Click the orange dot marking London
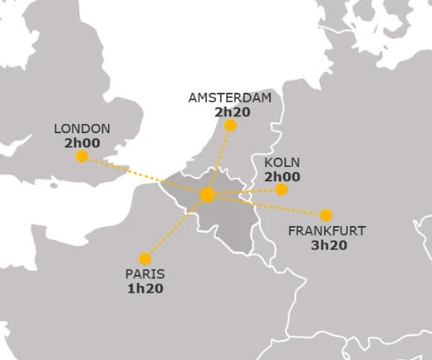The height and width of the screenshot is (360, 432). point(82,157)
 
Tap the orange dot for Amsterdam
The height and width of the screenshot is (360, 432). point(230,126)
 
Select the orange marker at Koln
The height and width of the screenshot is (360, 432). point(282,190)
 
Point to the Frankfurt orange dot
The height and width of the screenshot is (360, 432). point(327,216)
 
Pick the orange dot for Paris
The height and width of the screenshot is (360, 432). point(145,260)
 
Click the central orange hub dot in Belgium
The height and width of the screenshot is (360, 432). point(208,196)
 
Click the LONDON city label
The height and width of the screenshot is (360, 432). point(82,129)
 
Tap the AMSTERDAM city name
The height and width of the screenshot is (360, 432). point(230,98)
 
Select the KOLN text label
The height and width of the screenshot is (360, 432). point(282,163)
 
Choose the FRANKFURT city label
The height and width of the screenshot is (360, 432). point(327,231)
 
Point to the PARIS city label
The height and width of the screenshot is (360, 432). point(145,274)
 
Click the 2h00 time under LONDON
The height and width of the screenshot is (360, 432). point(82,142)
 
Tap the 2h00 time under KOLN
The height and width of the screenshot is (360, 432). point(282,176)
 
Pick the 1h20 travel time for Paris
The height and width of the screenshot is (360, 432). point(145,288)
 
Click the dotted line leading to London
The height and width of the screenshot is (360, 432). point(143,175)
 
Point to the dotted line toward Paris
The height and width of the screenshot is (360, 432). point(176,228)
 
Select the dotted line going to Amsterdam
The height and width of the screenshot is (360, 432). point(219,160)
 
